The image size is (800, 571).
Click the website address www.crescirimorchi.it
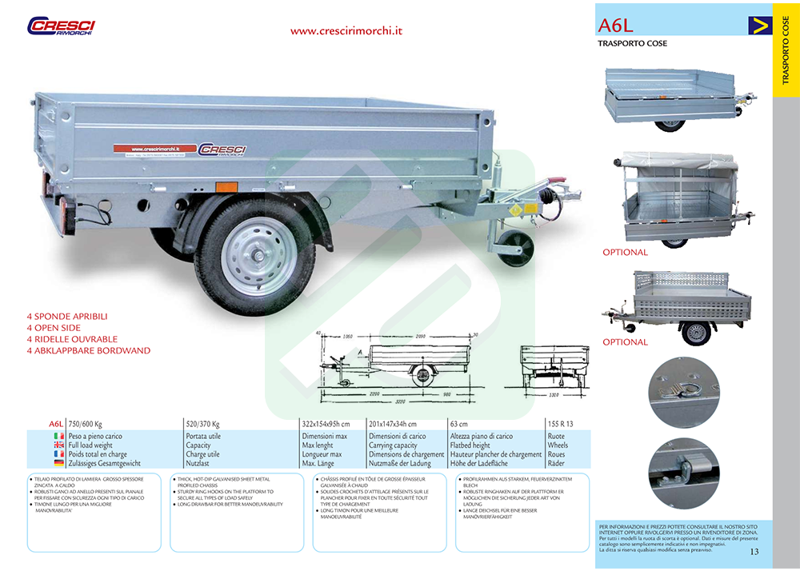click(346, 31)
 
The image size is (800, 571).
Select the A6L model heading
click(614, 25)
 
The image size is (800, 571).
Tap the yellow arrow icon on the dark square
click(759, 25)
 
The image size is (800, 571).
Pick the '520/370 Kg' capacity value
click(202, 423)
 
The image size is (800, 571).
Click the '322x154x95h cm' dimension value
click(326, 423)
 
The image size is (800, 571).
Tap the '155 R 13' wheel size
click(562, 423)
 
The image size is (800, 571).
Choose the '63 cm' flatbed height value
click(458, 423)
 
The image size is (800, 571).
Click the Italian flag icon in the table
click(58, 436)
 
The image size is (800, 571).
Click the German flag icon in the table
click(58, 463)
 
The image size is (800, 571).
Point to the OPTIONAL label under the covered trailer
click(625, 253)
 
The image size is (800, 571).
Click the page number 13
click(754, 551)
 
